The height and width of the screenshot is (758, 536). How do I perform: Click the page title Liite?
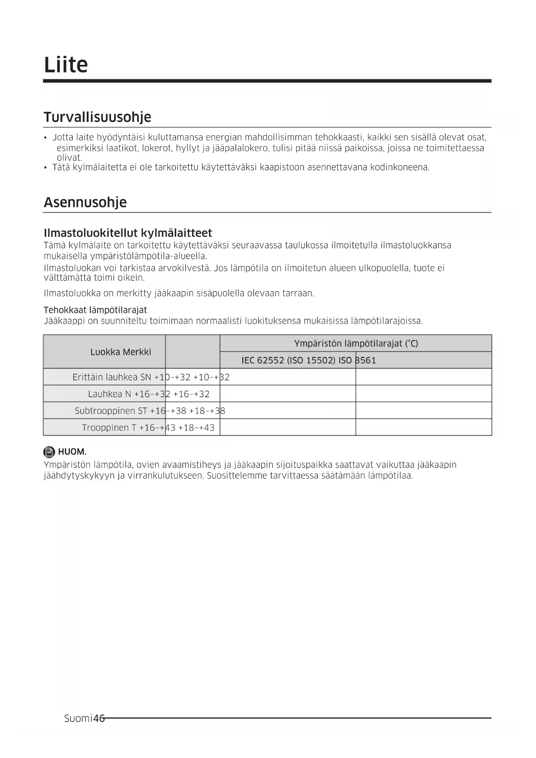(x=66, y=65)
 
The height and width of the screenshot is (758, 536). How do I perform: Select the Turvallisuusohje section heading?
(x=97, y=117)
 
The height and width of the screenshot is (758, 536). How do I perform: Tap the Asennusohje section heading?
(x=85, y=202)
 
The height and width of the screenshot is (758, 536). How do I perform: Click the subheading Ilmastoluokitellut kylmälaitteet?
(x=128, y=233)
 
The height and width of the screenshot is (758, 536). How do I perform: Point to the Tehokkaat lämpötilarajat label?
(x=95, y=310)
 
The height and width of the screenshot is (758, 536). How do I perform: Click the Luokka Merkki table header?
(x=121, y=352)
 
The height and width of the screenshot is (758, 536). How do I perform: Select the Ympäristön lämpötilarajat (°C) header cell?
(x=356, y=344)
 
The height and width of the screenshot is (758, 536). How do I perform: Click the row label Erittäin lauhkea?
(x=105, y=377)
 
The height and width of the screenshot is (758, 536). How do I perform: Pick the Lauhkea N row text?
(x=109, y=394)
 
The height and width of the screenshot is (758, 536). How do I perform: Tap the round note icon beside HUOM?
(x=49, y=452)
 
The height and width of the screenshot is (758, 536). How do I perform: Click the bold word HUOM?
(x=72, y=452)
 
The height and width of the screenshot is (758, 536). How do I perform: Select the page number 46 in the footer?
(x=99, y=718)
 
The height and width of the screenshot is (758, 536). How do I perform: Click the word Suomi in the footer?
(x=78, y=718)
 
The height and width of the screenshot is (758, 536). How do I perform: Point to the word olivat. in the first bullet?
(x=69, y=158)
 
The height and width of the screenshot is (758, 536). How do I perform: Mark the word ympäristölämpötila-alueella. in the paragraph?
(x=149, y=256)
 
